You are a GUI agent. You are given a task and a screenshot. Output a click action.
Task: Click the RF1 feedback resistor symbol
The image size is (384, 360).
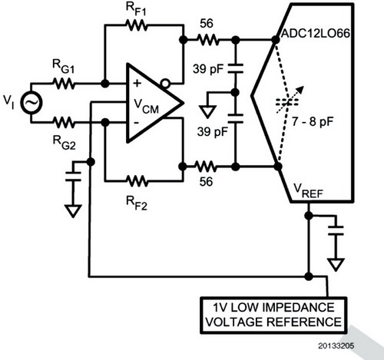coord(137,25)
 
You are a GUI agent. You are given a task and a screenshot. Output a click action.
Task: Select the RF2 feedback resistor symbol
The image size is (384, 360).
coord(137,181)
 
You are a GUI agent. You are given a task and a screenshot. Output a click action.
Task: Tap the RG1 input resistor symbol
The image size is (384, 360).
coord(64,84)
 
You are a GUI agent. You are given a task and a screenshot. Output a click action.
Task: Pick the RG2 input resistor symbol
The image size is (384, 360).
coord(64,122)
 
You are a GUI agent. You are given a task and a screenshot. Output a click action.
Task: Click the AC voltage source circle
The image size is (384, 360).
coord(31,103)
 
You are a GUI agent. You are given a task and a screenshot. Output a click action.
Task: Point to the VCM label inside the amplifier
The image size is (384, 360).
coord(147,106)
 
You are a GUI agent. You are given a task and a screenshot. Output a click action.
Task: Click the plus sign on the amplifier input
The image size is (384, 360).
coord(137,84)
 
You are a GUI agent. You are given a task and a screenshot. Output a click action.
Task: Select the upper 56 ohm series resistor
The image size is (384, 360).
coord(208,40)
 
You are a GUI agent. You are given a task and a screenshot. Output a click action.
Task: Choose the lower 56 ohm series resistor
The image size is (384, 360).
coord(206,167)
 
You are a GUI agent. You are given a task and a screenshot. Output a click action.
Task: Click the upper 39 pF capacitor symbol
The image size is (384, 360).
coord(235,69)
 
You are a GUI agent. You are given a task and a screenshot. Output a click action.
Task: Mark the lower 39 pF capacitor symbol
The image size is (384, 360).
coord(235,119)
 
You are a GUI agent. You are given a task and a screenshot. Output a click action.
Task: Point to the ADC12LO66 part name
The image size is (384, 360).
coord(316,34)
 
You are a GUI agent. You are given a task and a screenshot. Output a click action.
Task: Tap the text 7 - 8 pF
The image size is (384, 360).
coord(313,122)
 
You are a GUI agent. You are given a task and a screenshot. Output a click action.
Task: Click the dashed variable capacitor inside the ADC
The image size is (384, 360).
coord(287,102)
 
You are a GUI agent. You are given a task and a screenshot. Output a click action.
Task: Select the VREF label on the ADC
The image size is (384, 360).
coord(308,191)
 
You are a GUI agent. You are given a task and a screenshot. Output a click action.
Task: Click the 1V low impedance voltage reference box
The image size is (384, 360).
coord(273,315)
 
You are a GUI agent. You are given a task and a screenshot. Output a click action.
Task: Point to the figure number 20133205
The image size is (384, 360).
coord(336,345)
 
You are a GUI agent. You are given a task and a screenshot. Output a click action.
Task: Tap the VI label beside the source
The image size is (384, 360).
coord(9,101)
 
